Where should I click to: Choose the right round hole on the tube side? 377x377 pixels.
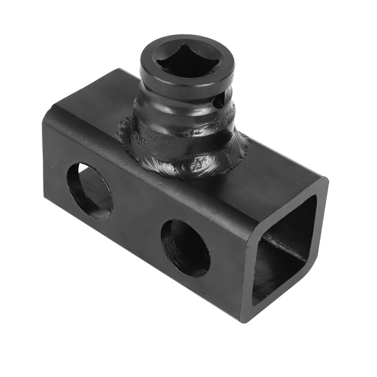(185, 248)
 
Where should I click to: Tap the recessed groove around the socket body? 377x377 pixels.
(181, 104)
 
